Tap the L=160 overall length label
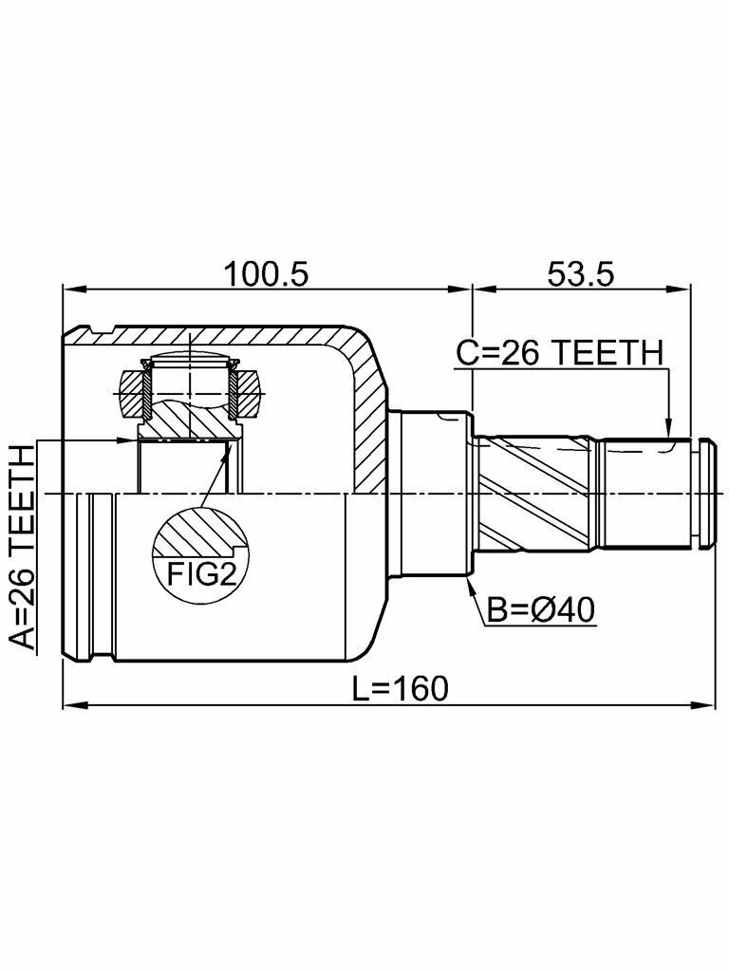399,688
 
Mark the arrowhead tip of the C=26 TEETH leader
670,438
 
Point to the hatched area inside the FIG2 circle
195,532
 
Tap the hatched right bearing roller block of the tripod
250,392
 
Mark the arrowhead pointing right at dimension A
131,440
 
